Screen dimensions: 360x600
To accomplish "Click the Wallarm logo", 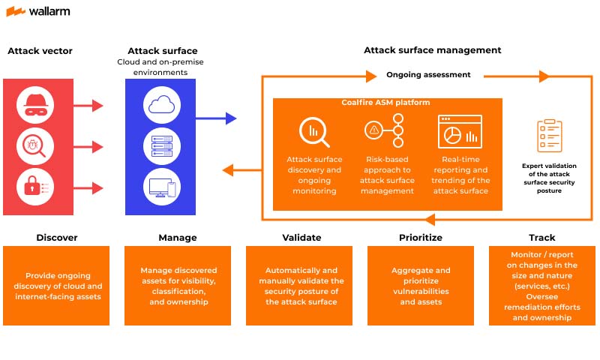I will (x=38, y=11).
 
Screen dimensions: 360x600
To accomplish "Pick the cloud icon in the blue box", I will (x=161, y=105).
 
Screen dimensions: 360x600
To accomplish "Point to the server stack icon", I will (x=161, y=145).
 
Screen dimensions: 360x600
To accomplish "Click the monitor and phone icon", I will (x=161, y=185).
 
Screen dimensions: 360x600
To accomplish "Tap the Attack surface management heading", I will (x=433, y=50).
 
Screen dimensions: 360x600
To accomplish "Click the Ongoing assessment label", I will (x=428, y=75).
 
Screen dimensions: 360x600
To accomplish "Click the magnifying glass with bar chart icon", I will (x=313, y=133).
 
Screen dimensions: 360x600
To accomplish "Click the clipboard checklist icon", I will (x=549, y=136).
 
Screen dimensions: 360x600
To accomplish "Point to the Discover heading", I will (x=57, y=238).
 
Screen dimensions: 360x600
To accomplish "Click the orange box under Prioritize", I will (x=421, y=286).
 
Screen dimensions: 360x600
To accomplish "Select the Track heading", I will (x=541, y=238).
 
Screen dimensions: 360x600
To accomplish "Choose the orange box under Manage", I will (x=178, y=286).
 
